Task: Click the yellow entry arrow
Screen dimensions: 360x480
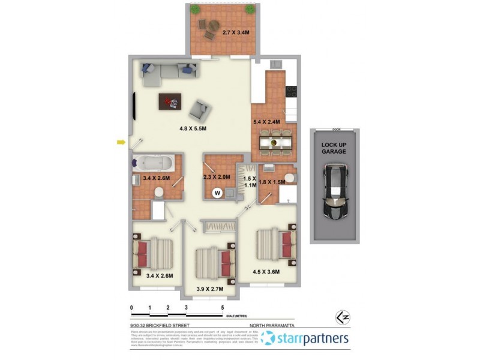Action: click(x=121, y=142)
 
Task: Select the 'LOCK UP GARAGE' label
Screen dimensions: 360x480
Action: click(x=334, y=148)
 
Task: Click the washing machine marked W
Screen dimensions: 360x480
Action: click(x=217, y=193)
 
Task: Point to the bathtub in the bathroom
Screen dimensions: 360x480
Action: click(x=154, y=162)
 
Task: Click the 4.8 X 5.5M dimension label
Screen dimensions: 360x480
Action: click(x=193, y=128)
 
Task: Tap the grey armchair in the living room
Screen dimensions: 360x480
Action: click(x=200, y=110)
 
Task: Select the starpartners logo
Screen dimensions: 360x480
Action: click(x=305, y=339)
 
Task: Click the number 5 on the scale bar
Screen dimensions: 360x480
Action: click(x=223, y=307)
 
